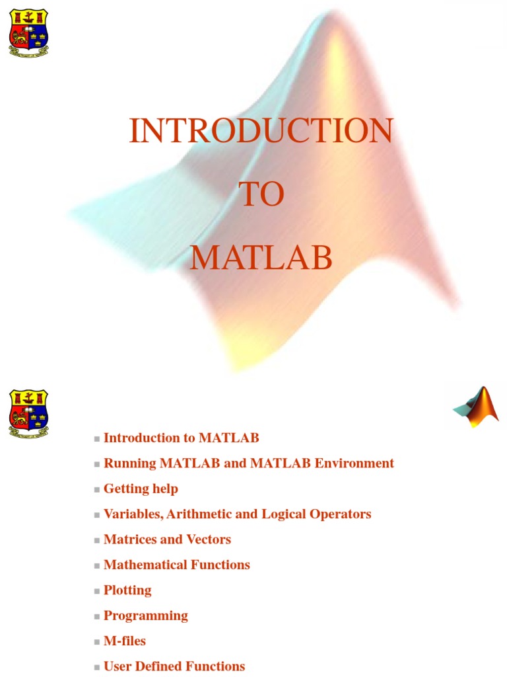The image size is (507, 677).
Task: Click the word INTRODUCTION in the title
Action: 261,130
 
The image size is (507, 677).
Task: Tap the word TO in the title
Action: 261,194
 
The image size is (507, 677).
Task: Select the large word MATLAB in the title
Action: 261,258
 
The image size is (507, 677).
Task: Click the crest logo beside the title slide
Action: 28,33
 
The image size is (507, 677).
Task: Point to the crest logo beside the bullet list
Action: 28,414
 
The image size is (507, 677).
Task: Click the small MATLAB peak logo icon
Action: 476,407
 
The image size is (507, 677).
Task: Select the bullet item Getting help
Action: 141,489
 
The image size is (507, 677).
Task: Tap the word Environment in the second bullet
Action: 355,463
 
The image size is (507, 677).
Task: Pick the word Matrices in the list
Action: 130,539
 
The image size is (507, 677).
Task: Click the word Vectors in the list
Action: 209,539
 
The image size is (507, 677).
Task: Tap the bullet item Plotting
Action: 127,590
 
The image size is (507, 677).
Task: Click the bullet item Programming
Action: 146,616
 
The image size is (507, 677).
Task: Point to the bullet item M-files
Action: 125,641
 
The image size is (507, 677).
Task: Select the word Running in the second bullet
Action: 130,463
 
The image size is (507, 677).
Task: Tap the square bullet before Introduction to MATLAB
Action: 97,439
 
